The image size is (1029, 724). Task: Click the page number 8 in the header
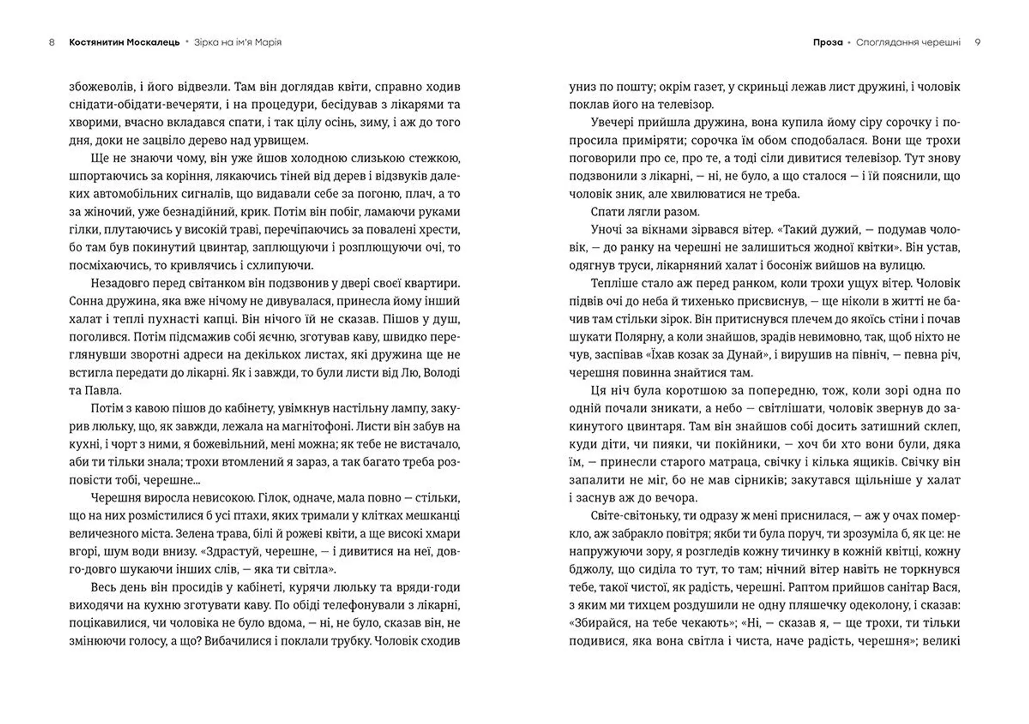[51, 42]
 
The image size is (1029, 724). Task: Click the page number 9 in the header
[978, 42]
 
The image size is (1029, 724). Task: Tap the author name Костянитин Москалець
[124, 42]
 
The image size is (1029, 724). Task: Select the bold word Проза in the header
[827, 42]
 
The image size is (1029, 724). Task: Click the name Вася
[948, 587]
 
